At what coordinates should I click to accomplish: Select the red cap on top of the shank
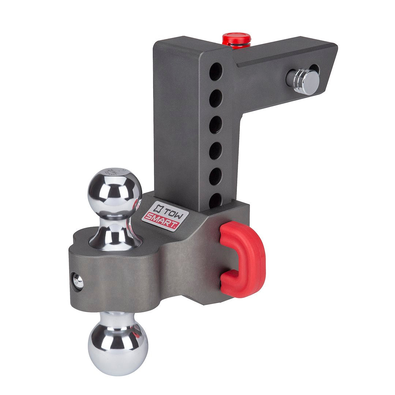237,39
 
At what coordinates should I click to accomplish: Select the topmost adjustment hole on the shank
216,72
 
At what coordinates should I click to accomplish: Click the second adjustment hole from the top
216,98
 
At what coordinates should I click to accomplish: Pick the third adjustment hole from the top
216,124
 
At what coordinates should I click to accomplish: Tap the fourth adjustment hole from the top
215,151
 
